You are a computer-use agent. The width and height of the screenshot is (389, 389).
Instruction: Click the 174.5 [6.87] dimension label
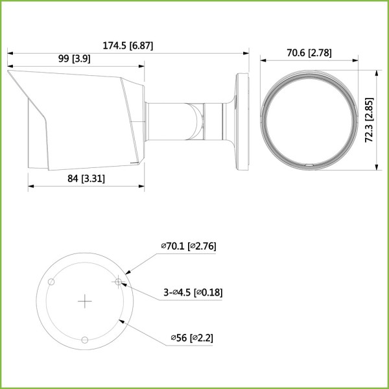(128, 45)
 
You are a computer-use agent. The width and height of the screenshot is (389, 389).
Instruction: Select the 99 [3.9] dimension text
(74, 59)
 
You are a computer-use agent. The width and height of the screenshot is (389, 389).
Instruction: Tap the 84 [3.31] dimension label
(86, 178)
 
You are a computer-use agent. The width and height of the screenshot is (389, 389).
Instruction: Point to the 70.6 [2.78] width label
(309, 53)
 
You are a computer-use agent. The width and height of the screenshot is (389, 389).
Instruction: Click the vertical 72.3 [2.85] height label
(370, 120)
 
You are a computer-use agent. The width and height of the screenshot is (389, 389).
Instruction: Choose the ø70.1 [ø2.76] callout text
(189, 246)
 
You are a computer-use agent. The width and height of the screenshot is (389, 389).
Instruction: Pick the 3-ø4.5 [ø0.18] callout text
(193, 292)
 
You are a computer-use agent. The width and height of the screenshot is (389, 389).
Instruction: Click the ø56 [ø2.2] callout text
(192, 338)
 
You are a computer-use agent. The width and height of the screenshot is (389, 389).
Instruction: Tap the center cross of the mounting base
(85, 301)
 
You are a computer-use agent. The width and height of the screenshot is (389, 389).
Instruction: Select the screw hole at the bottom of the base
(85, 340)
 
